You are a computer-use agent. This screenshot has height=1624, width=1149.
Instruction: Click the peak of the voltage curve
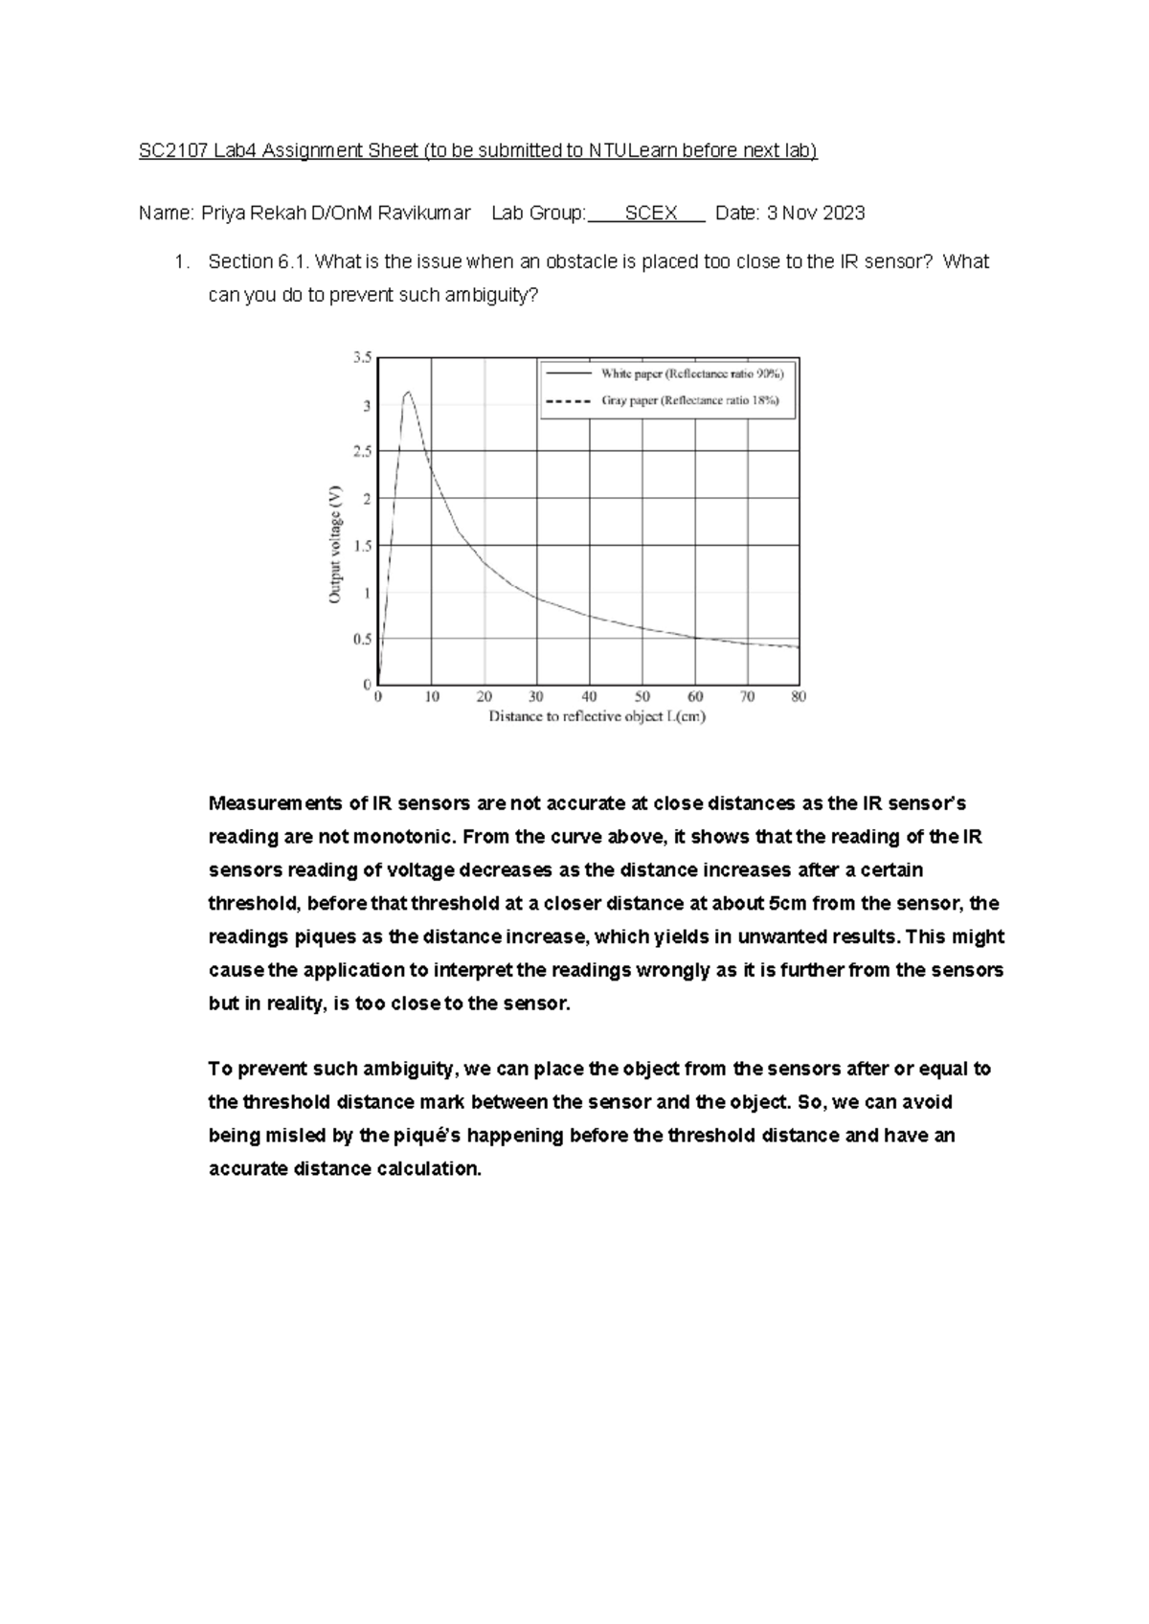pos(409,392)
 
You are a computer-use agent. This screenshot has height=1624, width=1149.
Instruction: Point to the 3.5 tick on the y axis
pos(362,357)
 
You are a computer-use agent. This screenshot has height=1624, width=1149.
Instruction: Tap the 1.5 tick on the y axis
pos(362,546)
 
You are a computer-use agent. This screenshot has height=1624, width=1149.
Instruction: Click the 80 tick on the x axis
pos(799,697)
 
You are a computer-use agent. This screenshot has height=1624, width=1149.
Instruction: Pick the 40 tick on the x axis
pos(589,697)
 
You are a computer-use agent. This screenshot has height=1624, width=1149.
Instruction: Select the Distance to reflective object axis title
pos(597,716)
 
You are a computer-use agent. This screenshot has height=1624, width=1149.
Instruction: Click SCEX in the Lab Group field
pos(651,214)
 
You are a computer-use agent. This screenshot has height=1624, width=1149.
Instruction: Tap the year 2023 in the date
pos(844,214)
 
